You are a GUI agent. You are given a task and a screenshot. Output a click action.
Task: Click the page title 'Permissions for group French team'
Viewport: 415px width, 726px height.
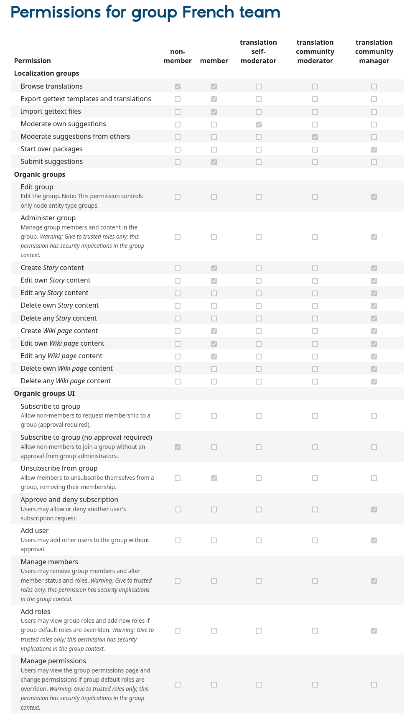[x=145, y=12]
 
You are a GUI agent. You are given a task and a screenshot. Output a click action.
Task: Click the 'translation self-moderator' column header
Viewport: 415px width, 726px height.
[x=258, y=51]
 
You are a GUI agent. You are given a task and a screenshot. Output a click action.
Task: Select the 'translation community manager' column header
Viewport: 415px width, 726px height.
[x=374, y=51]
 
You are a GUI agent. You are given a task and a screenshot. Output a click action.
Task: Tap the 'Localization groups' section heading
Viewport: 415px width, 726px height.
[x=46, y=73]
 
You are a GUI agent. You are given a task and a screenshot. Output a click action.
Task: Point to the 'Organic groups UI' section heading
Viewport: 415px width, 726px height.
[x=44, y=393]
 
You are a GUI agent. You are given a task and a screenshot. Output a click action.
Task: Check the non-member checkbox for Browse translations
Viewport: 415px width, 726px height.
[x=178, y=87]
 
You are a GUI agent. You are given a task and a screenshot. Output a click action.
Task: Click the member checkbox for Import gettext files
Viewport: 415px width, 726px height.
[x=214, y=112]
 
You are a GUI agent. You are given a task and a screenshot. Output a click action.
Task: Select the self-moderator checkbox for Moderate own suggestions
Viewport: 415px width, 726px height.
[x=259, y=125]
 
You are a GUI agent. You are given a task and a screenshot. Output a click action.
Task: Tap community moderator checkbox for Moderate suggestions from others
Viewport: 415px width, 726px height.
[x=315, y=137]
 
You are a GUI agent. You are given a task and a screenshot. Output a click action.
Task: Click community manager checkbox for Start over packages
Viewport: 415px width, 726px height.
[x=374, y=150]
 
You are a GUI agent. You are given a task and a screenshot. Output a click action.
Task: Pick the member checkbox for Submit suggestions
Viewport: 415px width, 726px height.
[x=214, y=162]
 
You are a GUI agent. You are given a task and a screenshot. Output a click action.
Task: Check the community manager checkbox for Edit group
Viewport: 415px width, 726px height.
[x=374, y=197]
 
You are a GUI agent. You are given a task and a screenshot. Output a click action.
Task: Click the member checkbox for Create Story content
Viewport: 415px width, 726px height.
[x=214, y=268]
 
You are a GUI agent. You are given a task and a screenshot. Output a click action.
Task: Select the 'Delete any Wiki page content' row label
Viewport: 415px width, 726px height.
[x=66, y=381]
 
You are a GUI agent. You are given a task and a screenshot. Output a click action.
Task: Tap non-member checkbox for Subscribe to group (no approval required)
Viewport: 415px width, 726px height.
[x=178, y=447]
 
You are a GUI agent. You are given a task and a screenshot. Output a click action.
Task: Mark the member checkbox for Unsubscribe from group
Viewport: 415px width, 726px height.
[x=214, y=478]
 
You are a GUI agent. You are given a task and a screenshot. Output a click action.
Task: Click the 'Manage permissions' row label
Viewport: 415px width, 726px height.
[x=53, y=661]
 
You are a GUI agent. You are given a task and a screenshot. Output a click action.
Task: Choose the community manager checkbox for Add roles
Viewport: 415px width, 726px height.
[x=374, y=631]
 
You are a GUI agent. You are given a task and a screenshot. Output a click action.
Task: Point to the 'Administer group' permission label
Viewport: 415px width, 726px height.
[x=48, y=218]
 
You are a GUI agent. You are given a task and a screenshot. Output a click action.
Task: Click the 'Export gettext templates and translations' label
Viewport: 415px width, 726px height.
[x=86, y=99]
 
